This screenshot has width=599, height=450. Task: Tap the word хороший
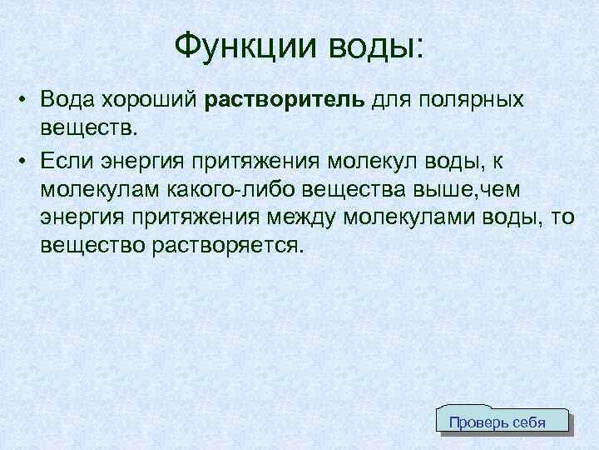point(151,101)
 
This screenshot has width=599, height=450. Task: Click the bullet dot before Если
point(27,160)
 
